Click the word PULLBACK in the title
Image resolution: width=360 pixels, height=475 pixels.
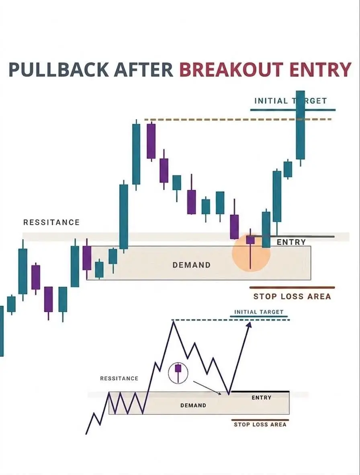tap(58, 69)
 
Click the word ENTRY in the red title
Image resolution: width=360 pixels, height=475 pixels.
tap(320, 69)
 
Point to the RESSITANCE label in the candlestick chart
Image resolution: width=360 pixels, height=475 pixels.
tap(51, 222)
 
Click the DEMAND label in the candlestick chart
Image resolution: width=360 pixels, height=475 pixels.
tap(192, 265)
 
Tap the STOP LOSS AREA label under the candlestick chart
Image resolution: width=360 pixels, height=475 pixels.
tap(292, 296)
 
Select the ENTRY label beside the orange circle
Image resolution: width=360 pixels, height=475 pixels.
tap(291, 242)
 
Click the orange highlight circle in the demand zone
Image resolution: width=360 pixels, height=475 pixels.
tap(251, 253)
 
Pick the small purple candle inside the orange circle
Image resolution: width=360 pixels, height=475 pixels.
tap(250, 240)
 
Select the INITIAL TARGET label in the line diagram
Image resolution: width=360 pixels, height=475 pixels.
tap(259, 312)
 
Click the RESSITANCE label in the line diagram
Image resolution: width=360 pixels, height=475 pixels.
tap(119, 378)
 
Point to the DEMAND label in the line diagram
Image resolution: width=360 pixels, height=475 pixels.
tap(193, 405)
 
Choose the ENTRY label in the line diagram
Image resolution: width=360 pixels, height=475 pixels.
tap(262, 397)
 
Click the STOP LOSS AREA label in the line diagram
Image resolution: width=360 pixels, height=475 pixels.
tap(260, 424)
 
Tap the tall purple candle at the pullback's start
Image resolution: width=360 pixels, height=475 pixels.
tap(151, 141)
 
